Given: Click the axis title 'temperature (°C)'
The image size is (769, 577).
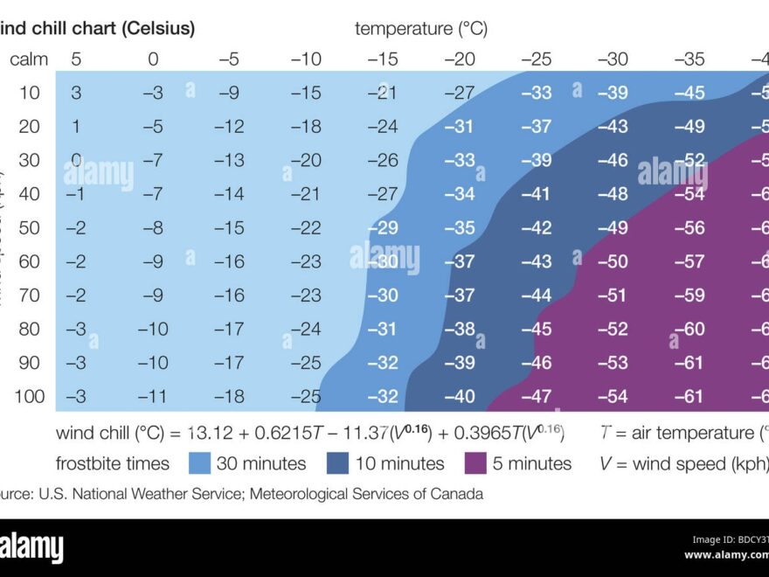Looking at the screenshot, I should [x=421, y=28].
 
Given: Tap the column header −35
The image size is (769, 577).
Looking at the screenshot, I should [x=689, y=59].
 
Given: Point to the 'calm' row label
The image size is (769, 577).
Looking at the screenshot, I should [x=29, y=59].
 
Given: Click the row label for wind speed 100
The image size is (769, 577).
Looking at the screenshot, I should [x=29, y=397].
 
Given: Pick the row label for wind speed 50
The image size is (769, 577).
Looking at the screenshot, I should [x=29, y=228].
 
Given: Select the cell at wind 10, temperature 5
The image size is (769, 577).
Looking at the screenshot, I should [x=76, y=93].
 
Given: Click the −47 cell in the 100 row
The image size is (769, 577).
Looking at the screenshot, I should [x=536, y=397].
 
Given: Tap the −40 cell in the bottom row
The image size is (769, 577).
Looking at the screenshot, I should [x=460, y=397].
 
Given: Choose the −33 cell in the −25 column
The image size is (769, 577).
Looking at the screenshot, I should [x=536, y=93].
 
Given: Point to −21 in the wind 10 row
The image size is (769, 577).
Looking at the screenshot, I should [x=383, y=93].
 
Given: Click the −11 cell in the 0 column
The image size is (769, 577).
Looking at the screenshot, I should [x=153, y=397].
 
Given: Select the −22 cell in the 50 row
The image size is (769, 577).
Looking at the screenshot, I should [x=306, y=228].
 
